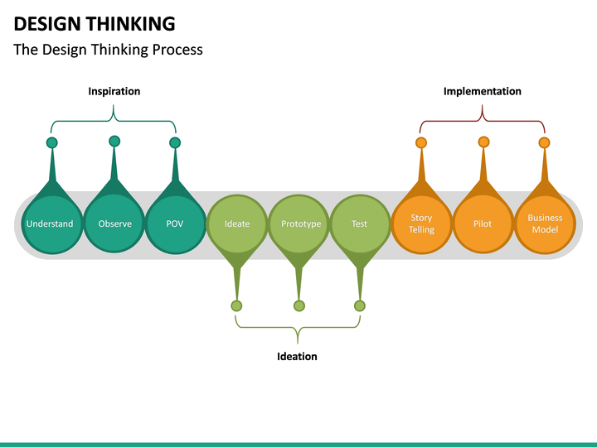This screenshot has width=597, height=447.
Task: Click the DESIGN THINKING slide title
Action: [x=95, y=23]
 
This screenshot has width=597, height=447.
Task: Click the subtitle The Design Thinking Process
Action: [x=108, y=50]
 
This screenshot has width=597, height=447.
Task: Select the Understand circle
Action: [x=50, y=223]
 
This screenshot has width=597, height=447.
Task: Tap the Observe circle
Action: [x=114, y=223]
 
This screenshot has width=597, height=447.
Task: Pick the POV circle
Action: [x=175, y=223]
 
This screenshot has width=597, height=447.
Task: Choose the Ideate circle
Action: [x=237, y=223]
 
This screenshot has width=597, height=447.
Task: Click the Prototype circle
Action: [x=300, y=223]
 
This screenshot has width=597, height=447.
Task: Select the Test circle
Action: [x=359, y=223]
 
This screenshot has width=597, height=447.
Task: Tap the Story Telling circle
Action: [x=421, y=223]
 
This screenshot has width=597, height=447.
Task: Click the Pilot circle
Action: [x=483, y=223]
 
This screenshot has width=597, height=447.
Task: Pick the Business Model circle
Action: [x=545, y=223]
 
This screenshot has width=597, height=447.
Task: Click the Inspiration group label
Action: [x=114, y=91]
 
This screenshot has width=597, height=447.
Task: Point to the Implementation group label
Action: [x=483, y=91]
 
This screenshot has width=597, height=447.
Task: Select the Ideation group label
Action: [x=297, y=356]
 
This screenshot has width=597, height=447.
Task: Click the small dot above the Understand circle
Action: [x=52, y=142]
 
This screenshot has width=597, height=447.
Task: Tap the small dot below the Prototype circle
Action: [x=299, y=305]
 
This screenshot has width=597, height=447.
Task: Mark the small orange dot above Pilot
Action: [x=483, y=142]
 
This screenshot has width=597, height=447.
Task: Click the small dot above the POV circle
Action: [x=175, y=142]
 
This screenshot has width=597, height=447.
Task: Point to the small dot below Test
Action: [x=359, y=305]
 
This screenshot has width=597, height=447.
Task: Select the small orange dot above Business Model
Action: [x=544, y=142]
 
